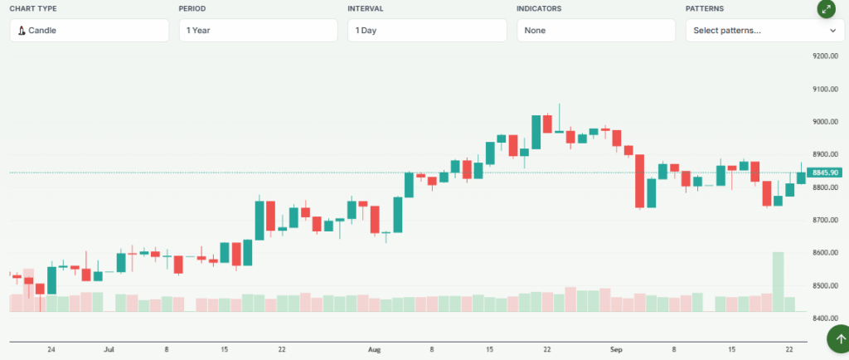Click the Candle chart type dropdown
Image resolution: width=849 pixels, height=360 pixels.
tap(90, 31)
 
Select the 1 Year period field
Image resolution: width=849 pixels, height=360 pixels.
tap(258, 31)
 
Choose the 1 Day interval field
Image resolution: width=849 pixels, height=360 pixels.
tap(427, 31)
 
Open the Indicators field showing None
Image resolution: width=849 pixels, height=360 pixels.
tap(595, 31)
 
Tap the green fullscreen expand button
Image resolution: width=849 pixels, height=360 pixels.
tap(826, 9)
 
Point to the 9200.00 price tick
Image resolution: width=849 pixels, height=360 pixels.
tap(826, 56)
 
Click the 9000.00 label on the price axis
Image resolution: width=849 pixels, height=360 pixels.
tap(826, 122)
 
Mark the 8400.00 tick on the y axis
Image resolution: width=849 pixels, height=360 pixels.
tap(826, 319)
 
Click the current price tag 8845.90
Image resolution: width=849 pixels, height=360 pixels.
tap(827, 173)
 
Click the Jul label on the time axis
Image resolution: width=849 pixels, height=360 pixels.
tap(109, 350)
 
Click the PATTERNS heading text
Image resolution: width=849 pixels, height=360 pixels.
tap(704, 8)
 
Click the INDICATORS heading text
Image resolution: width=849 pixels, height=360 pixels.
tap(539, 8)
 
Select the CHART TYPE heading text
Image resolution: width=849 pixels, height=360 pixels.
tap(33, 8)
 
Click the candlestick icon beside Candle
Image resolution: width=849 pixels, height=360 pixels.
tap(22, 31)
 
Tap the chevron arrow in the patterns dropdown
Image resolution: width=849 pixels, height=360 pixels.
tap(832, 31)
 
